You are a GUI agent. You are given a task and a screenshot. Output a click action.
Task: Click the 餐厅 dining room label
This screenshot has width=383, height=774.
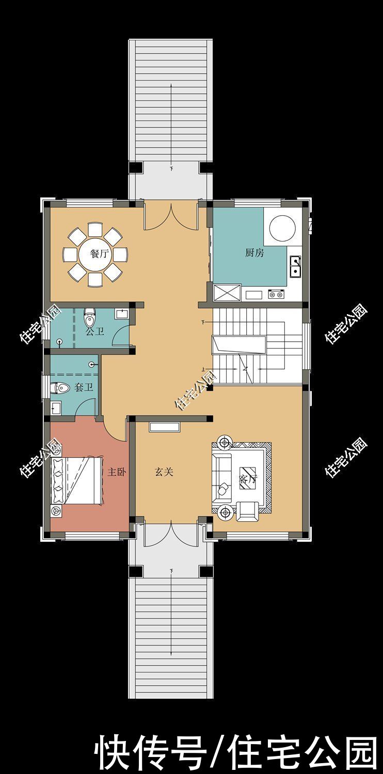coord(100,254)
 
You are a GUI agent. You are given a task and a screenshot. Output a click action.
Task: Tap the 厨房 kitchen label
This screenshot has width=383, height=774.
coord(254,253)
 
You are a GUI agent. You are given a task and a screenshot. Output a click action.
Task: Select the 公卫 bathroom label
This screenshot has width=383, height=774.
coord(94,332)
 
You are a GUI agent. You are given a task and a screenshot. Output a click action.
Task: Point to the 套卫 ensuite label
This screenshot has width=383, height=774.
coord(84,387)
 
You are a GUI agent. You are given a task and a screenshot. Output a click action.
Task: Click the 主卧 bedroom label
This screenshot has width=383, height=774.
coord(117,472)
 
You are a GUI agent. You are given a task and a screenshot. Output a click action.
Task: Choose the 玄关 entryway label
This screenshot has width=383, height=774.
coord(164,472)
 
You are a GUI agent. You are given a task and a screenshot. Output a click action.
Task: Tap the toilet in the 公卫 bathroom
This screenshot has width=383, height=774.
coord(89,317)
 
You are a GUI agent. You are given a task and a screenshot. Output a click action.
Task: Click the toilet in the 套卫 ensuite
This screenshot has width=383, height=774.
coord(59,388)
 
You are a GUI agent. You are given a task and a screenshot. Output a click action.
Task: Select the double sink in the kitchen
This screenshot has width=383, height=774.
coord(295,266)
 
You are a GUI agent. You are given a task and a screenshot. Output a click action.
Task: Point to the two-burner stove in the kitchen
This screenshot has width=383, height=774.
coord(277,295)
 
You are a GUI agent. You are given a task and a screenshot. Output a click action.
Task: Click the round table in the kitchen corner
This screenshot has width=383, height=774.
coord(282,227)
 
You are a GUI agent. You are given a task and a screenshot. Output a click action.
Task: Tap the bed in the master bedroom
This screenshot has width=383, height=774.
coord(77,480)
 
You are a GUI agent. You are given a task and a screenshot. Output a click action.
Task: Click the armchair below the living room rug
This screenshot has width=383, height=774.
coord(247,512)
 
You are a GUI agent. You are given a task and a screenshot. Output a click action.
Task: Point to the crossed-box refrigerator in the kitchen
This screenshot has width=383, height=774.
coord(227,293)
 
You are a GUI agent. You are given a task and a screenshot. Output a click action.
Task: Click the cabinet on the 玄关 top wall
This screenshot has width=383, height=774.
coord(165,427)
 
